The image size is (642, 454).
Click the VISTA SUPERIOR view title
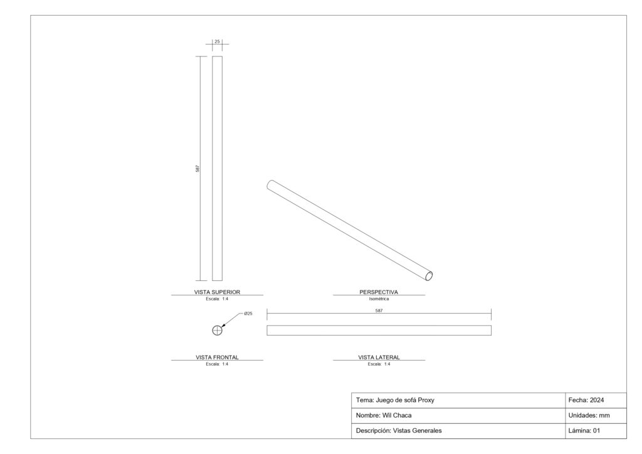click(217, 292)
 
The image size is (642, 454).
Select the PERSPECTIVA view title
click(379, 292)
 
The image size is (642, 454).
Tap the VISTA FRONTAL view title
click(217, 357)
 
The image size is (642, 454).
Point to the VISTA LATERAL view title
click(379, 357)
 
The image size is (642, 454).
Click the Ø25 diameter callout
click(248, 314)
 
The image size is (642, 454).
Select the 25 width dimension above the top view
click(217, 41)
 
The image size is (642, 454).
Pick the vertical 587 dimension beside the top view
click(197, 168)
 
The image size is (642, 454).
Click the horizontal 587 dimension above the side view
click(379, 311)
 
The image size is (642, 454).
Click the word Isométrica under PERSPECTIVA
click(379, 299)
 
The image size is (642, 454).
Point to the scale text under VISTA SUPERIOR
click(217, 299)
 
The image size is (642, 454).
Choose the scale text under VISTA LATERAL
click(379, 364)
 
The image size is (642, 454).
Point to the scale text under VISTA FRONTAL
click(217, 364)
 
